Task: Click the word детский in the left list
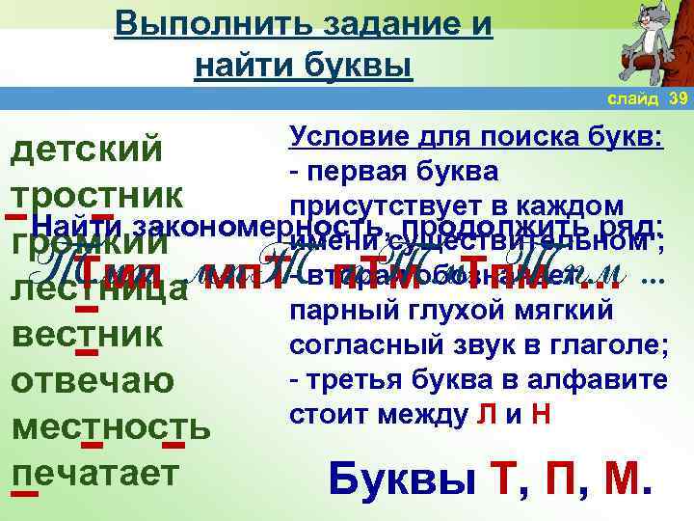[85, 151]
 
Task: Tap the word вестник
[85, 335]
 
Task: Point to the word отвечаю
[92, 380]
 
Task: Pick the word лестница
[97, 289]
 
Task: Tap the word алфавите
[607, 380]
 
